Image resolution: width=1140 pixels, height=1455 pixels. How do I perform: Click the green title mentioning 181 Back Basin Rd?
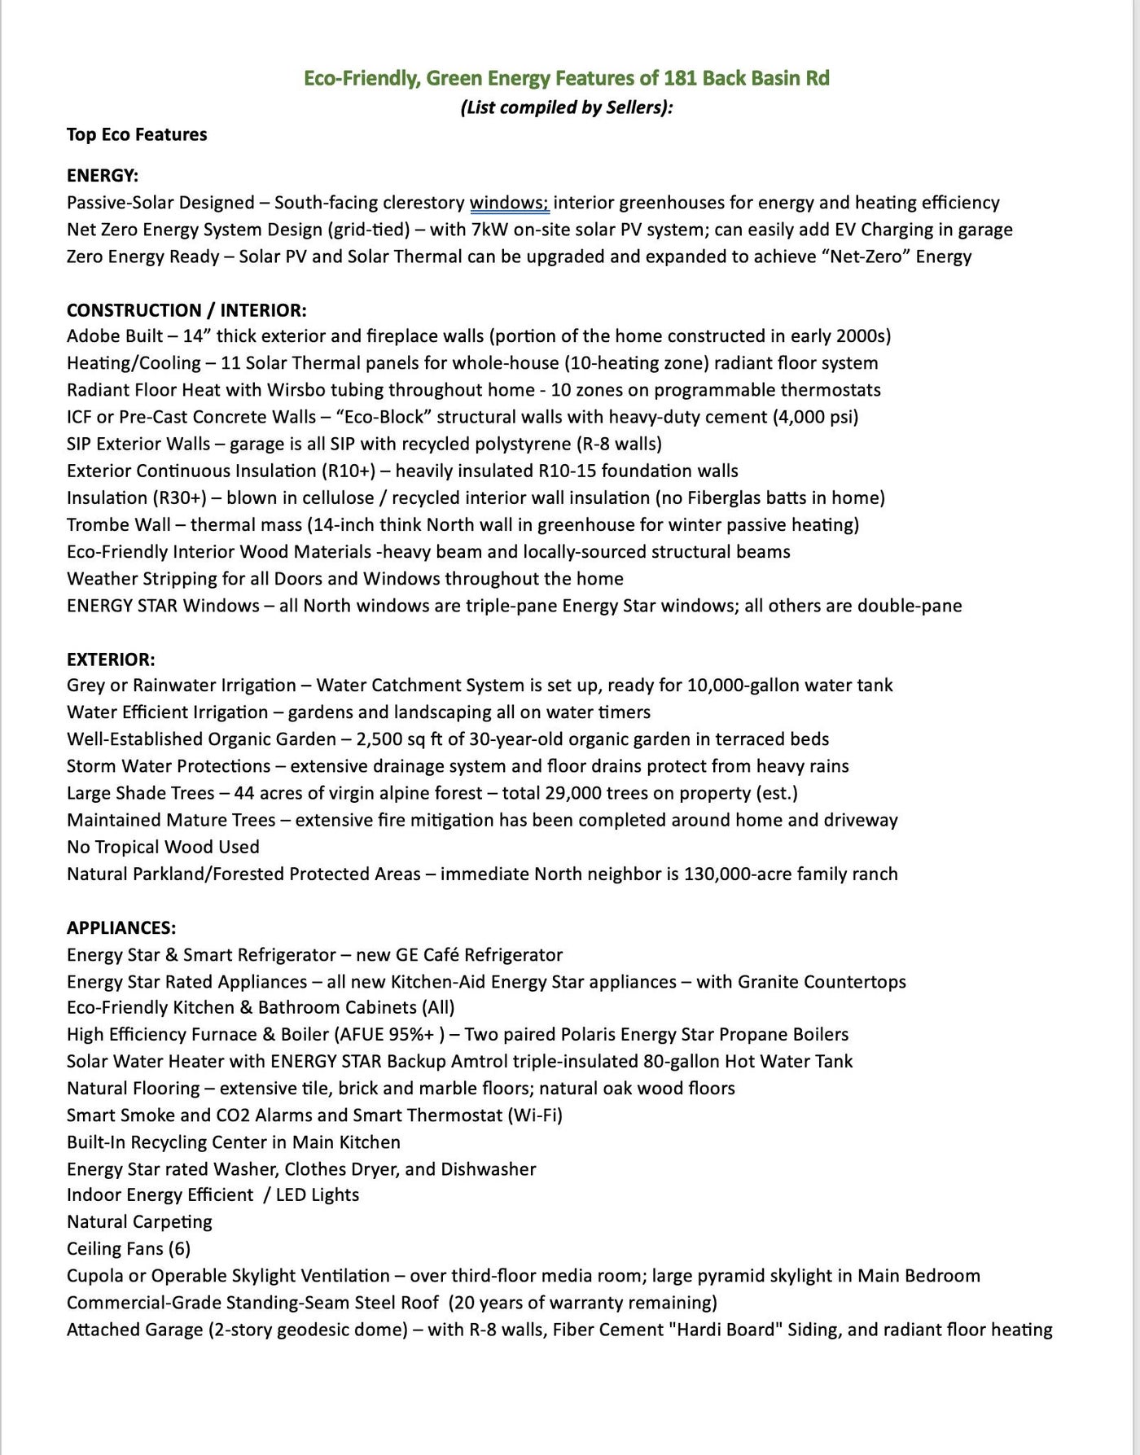tap(566, 78)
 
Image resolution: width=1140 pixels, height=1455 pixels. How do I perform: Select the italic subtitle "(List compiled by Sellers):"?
tap(566, 107)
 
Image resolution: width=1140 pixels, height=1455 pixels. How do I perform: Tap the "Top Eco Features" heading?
tap(137, 134)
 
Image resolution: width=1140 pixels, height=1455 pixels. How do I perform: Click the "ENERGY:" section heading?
tap(103, 175)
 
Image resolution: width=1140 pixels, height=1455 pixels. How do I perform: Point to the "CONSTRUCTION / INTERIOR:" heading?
tap(186, 310)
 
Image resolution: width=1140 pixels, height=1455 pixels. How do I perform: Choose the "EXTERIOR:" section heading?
tap(111, 659)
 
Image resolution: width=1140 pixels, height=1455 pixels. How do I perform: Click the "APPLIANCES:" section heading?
tap(121, 927)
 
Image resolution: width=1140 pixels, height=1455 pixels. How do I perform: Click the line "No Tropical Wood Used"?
tap(163, 847)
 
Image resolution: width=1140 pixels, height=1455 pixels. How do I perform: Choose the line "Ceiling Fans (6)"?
tap(129, 1248)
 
